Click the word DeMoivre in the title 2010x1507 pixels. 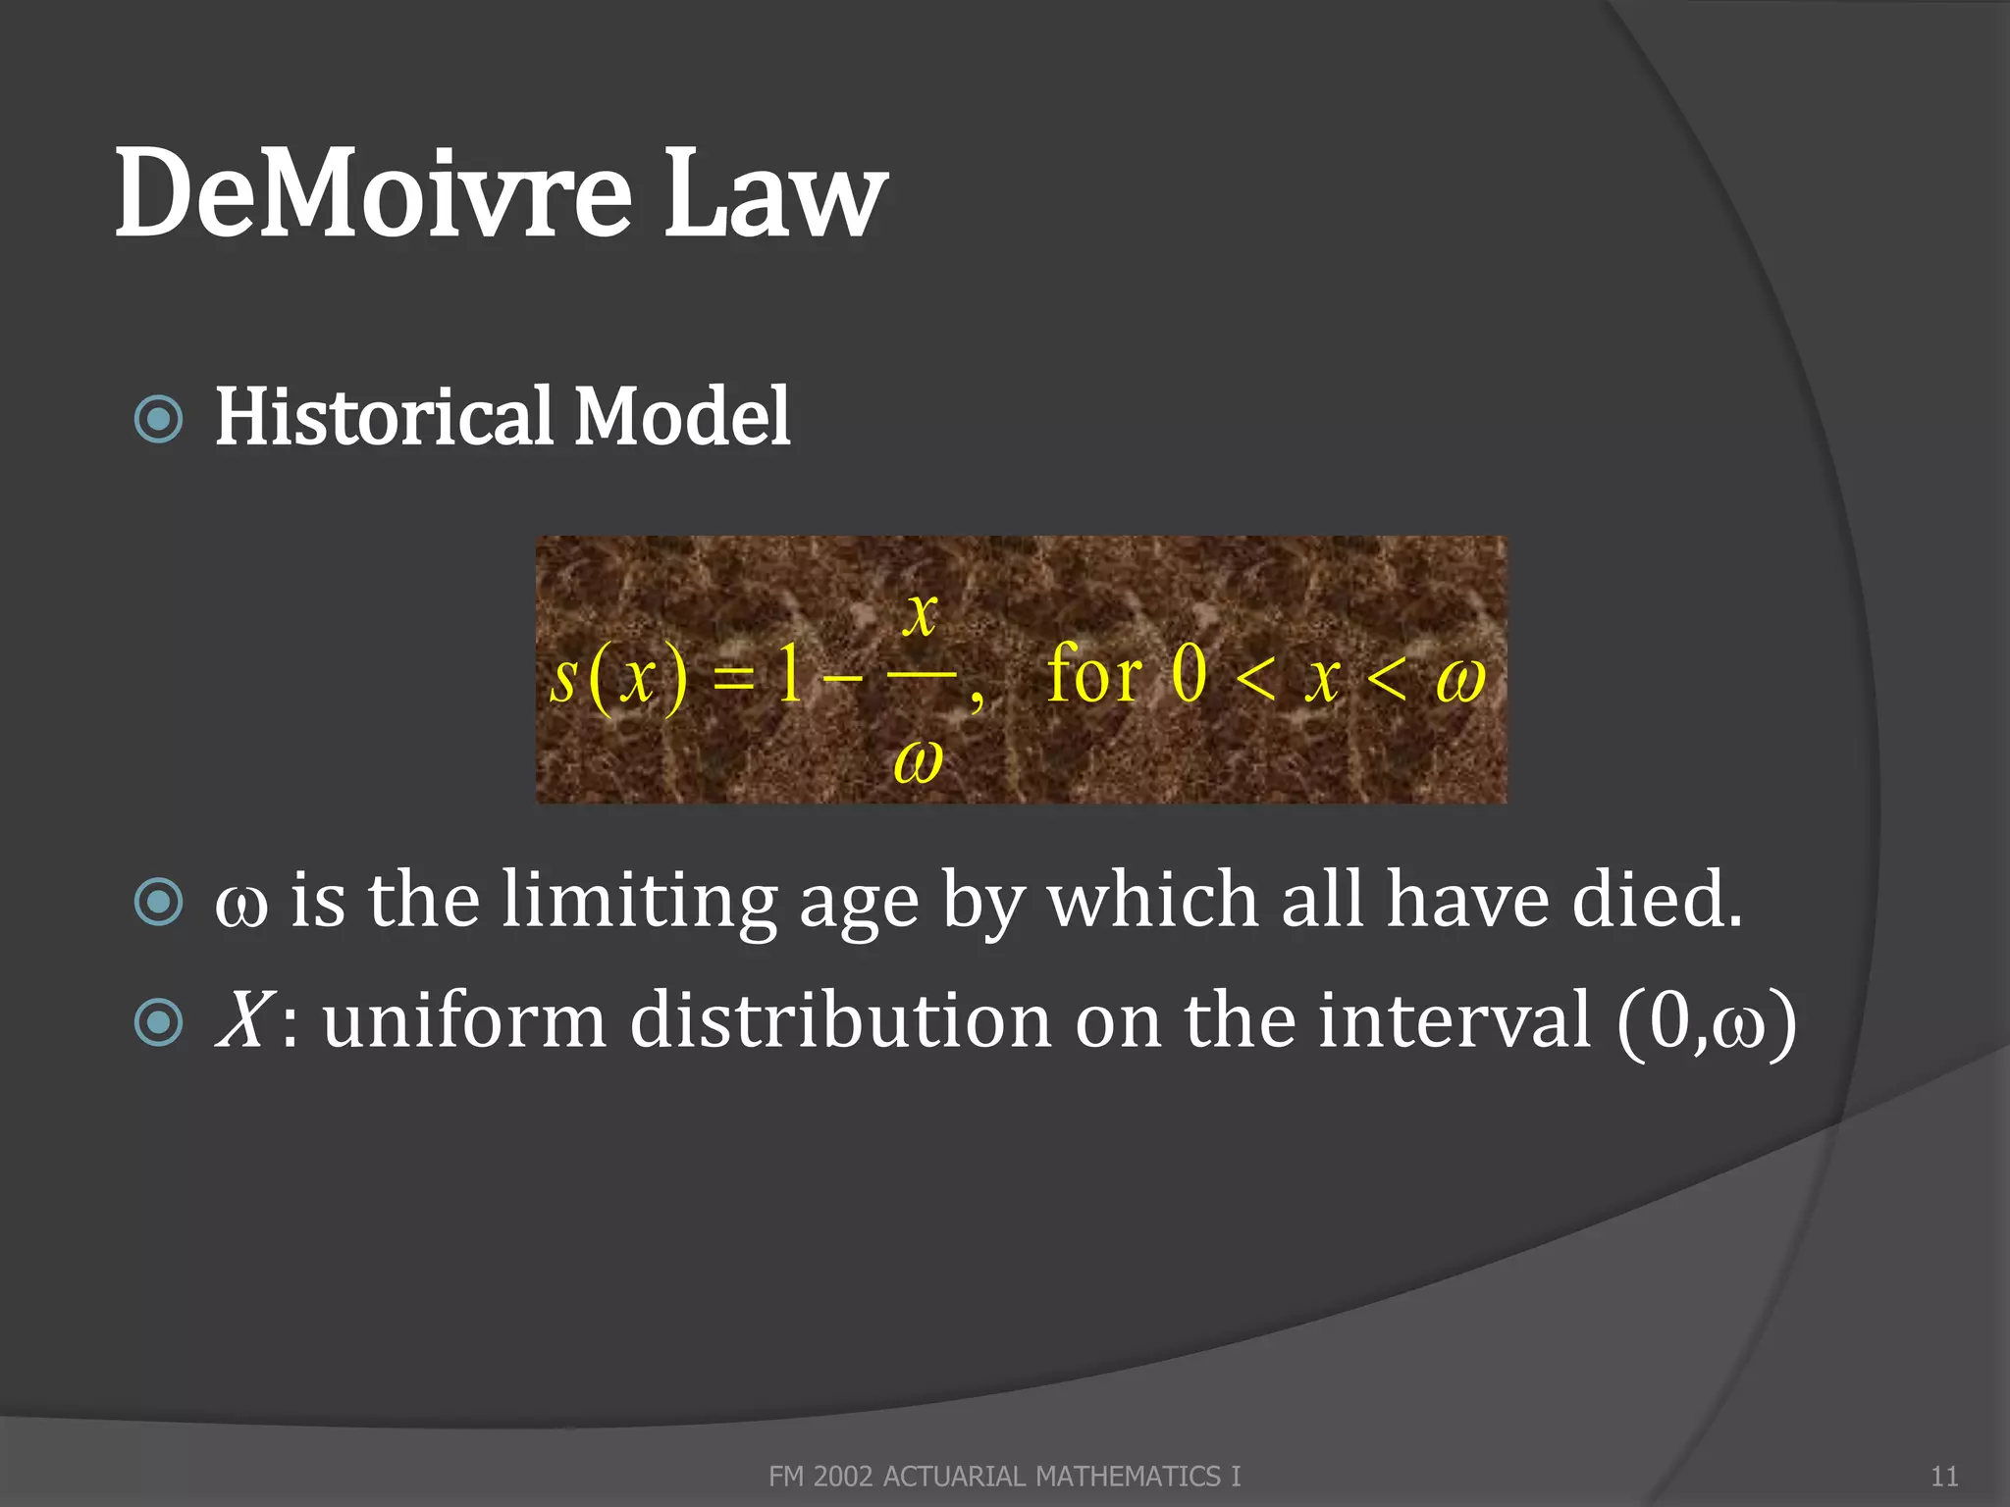373,193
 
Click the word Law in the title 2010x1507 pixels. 775,193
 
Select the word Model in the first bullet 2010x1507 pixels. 682,416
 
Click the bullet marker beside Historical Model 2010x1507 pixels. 158,419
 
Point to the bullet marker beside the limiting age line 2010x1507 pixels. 158,902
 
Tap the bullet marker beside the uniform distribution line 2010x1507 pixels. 158,1023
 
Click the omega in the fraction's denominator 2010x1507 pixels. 919,760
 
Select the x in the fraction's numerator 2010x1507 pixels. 921,614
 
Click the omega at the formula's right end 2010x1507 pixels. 1460,679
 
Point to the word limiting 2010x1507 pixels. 638,901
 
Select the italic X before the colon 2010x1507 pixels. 241,1020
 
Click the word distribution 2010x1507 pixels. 840,1020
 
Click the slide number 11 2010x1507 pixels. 1944,1477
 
